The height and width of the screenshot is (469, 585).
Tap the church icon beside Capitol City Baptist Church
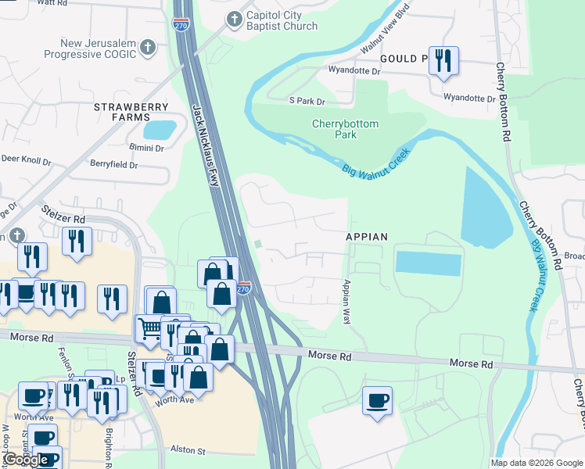pyautogui.click(x=234, y=19)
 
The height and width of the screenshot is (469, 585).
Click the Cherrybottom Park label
pyautogui.click(x=345, y=129)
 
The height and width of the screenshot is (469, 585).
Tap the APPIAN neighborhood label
pyautogui.click(x=368, y=236)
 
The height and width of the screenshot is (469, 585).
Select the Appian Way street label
pyautogui.click(x=346, y=302)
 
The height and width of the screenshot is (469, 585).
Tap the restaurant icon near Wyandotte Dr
pyautogui.click(x=443, y=60)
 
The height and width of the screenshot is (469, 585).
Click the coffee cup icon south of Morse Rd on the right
pyautogui.click(x=377, y=400)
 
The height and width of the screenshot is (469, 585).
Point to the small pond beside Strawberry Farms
pyautogui.click(x=160, y=128)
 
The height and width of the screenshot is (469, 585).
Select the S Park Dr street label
pyautogui.click(x=307, y=101)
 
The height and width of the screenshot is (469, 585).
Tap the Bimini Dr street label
pyautogui.click(x=146, y=148)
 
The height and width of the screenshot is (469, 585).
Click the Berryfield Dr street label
pyautogui.click(x=113, y=165)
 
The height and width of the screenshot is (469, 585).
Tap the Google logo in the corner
pyautogui.click(x=26, y=460)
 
